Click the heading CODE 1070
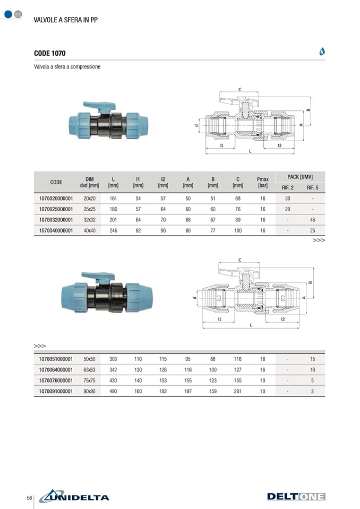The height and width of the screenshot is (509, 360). pyautogui.click(x=50, y=53)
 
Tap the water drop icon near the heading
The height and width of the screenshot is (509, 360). pyautogui.click(x=322, y=51)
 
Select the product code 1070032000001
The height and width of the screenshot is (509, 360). pyautogui.click(x=56, y=220)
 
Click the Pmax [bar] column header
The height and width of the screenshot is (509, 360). pyautogui.click(x=263, y=182)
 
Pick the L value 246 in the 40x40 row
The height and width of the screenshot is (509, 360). pyautogui.click(x=113, y=230)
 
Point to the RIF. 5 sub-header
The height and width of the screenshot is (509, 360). pyautogui.click(x=312, y=188)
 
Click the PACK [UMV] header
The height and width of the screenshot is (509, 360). pyautogui.click(x=300, y=177)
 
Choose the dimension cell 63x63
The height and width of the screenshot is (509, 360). pyautogui.click(x=89, y=370)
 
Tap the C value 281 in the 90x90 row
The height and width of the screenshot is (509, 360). pyautogui.click(x=238, y=391)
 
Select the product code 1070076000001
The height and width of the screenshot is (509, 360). pyautogui.click(x=56, y=381)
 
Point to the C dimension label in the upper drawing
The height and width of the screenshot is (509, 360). pyautogui.click(x=239, y=90)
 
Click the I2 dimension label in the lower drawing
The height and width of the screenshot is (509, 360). pyautogui.click(x=282, y=319)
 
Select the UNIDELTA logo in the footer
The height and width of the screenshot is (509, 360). pyautogui.click(x=74, y=496)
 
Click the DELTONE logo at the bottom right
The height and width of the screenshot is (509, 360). pyautogui.click(x=296, y=496)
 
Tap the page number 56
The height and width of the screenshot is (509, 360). pyautogui.click(x=29, y=498)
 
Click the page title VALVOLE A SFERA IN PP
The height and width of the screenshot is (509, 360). pyautogui.click(x=65, y=20)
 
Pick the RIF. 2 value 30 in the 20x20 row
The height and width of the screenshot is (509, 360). pyautogui.click(x=287, y=199)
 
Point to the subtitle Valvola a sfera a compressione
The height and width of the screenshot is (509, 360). pyautogui.click(x=67, y=66)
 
